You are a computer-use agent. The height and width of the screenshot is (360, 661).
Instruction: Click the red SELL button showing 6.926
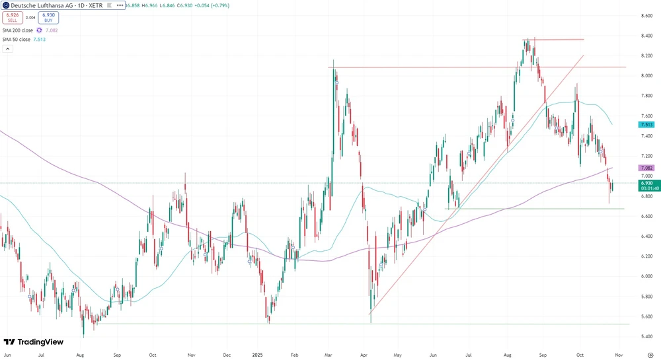click(13, 18)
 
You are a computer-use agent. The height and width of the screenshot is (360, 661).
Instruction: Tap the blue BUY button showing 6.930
click(48, 18)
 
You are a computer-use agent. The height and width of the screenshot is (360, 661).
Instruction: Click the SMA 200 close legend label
click(17, 30)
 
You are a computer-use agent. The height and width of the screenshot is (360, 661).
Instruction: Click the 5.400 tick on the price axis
click(646, 336)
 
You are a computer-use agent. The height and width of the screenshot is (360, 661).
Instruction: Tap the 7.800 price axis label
click(646, 96)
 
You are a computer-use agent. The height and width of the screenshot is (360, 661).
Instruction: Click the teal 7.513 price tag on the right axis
click(646, 124)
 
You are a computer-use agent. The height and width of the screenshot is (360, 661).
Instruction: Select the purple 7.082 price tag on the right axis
click(646, 168)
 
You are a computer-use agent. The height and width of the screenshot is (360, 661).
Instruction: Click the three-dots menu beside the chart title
click(119, 5)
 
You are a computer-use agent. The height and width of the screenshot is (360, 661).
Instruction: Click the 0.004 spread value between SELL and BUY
click(30, 18)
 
